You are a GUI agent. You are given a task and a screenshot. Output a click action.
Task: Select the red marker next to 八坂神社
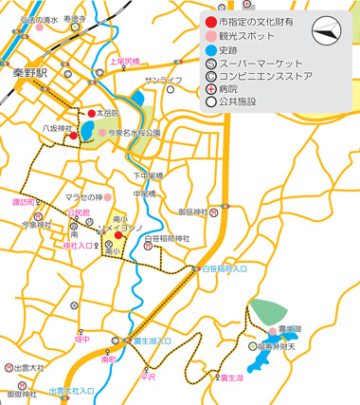point(73,137)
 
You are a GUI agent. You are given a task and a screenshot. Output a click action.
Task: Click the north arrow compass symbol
point(327,29)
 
